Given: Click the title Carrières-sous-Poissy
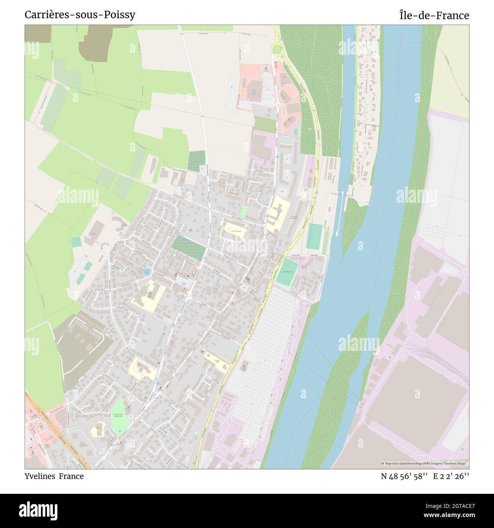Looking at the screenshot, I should [80, 15].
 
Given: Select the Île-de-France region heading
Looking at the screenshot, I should [434, 16].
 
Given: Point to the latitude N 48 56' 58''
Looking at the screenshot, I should [405, 476].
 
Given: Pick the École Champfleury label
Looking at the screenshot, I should [233, 230].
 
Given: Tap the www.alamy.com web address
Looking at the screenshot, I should [446, 515].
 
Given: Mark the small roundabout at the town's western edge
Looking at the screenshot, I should [105, 247].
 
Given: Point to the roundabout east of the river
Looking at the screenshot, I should [465, 272].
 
